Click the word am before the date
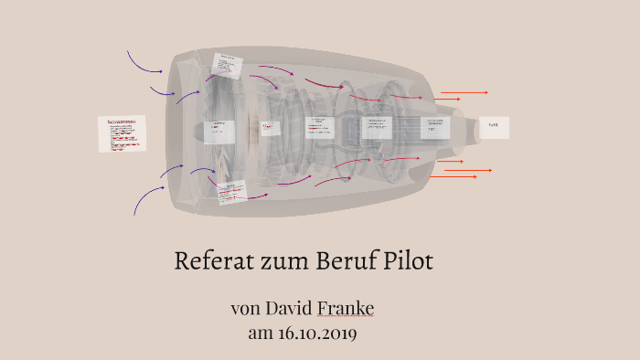261,333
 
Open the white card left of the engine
122,133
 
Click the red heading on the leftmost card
122,121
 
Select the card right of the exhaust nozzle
494,128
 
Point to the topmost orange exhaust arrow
464,92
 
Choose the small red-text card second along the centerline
267,128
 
